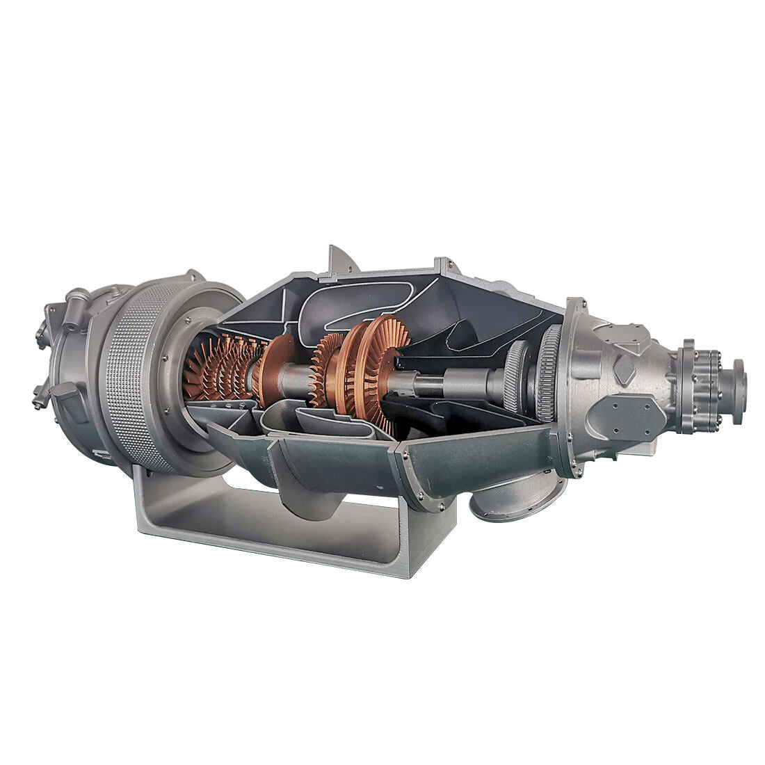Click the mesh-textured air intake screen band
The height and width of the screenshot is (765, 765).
pyautogui.click(x=136, y=376)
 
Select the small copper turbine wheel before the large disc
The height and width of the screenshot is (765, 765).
pyautogui.click(x=327, y=369)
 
